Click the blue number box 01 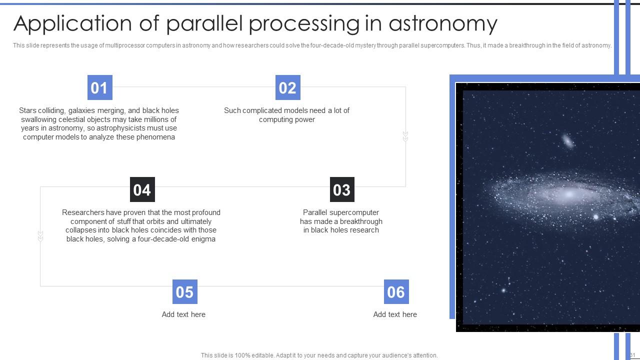pos(99,88)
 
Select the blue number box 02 pos(287,88)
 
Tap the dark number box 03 pos(342,189)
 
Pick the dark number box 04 pos(142,189)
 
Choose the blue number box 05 pos(184,292)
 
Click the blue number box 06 pos(396,292)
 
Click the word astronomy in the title pos(442,23)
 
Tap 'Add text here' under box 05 pos(183,314)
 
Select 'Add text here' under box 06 pos(395,314)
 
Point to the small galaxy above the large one pos(568,141)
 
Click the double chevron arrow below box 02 pos(405,136)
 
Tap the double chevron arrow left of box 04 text pos(40,236)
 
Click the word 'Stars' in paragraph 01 pos(28,110)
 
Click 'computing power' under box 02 pos(286,119)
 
